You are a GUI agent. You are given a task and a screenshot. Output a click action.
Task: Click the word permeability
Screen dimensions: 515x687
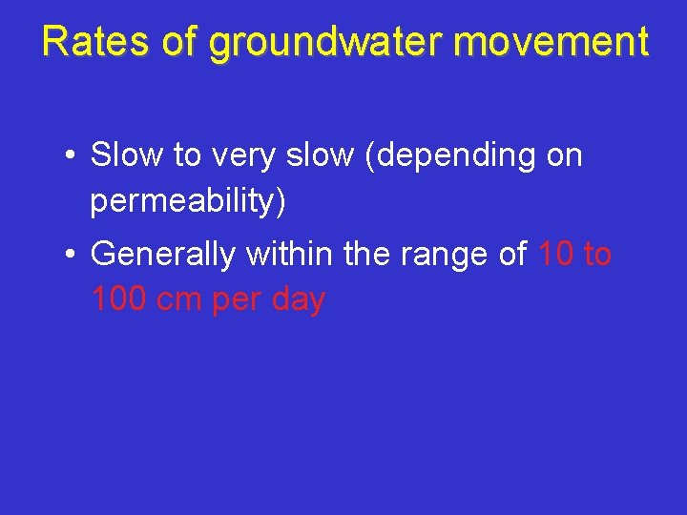[188, 201]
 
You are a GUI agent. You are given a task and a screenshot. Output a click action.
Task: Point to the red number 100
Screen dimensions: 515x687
[120, 299]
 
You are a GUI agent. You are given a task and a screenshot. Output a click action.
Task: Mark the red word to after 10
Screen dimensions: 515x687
[596, 254]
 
